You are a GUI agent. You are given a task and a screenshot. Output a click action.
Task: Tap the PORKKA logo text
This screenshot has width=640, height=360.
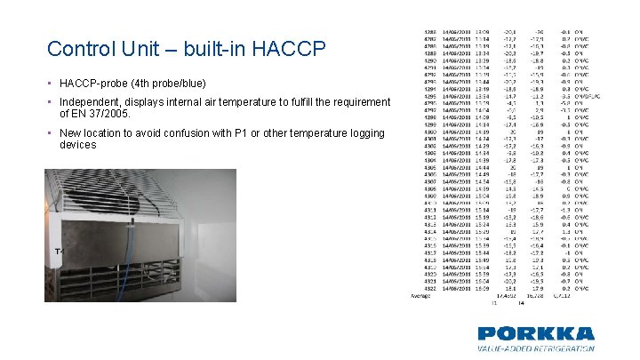(x=535, y=334)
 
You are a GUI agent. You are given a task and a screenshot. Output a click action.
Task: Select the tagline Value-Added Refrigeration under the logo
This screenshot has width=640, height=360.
(x=535, y=349)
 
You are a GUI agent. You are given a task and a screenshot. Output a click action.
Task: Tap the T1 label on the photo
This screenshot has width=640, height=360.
(x=60, y=252)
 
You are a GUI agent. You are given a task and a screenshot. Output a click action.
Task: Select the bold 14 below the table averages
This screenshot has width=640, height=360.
(x=522, y=302)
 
